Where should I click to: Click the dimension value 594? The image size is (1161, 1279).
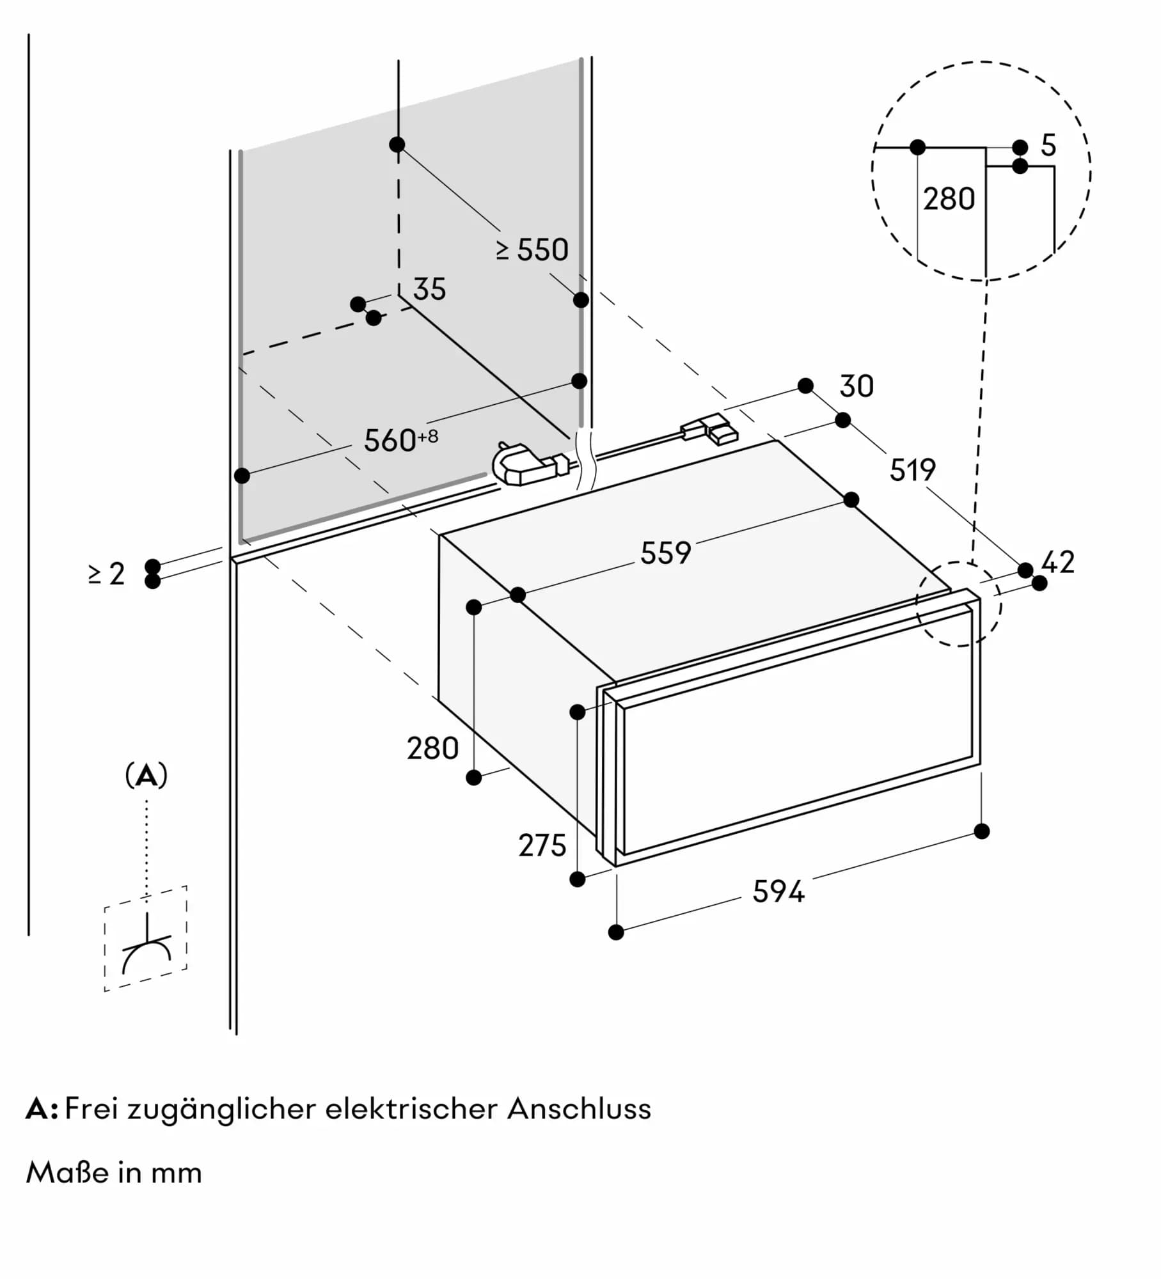click(778, 891)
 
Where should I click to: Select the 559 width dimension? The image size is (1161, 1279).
click(665, 553)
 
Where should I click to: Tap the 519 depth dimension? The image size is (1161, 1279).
click(912, 470)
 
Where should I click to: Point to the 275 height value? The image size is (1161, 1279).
click(542, 845)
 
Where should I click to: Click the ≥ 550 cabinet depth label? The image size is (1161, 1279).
click(532, 249)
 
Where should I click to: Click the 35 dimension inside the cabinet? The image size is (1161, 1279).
click(429, 289)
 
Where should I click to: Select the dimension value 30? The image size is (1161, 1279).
click(856, 386)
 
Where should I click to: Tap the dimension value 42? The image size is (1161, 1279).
click(1058, 562)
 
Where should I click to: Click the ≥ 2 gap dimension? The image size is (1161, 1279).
click(107, 574)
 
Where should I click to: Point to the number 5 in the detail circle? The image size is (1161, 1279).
click(1048, 146)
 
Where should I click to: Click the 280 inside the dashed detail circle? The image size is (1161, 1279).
click(949, 199)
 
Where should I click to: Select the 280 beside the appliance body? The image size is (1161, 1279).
click(432, 748)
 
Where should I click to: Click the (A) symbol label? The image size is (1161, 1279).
click(146, 776)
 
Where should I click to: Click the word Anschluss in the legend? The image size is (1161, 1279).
click(579, 1108)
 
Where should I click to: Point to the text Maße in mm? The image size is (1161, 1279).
click(114, 1173)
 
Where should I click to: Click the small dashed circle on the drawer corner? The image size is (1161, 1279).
click(958, 604)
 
